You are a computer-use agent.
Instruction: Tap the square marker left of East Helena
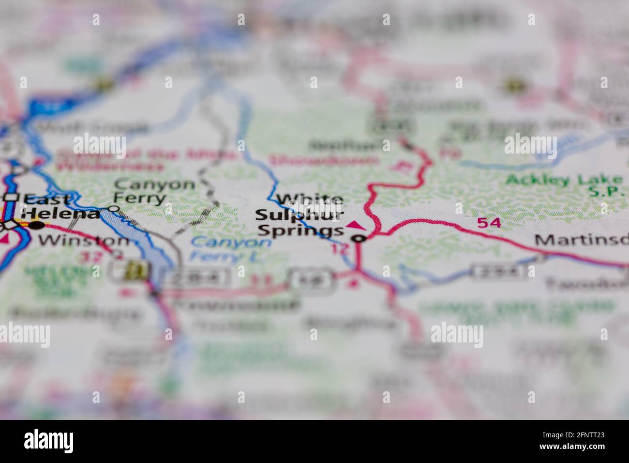(x=11, y=197)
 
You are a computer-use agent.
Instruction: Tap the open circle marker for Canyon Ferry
(x=113, y=209)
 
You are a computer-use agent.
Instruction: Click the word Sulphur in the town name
(x=300, y=215)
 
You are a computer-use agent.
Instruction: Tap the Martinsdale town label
(x=581, y=239)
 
